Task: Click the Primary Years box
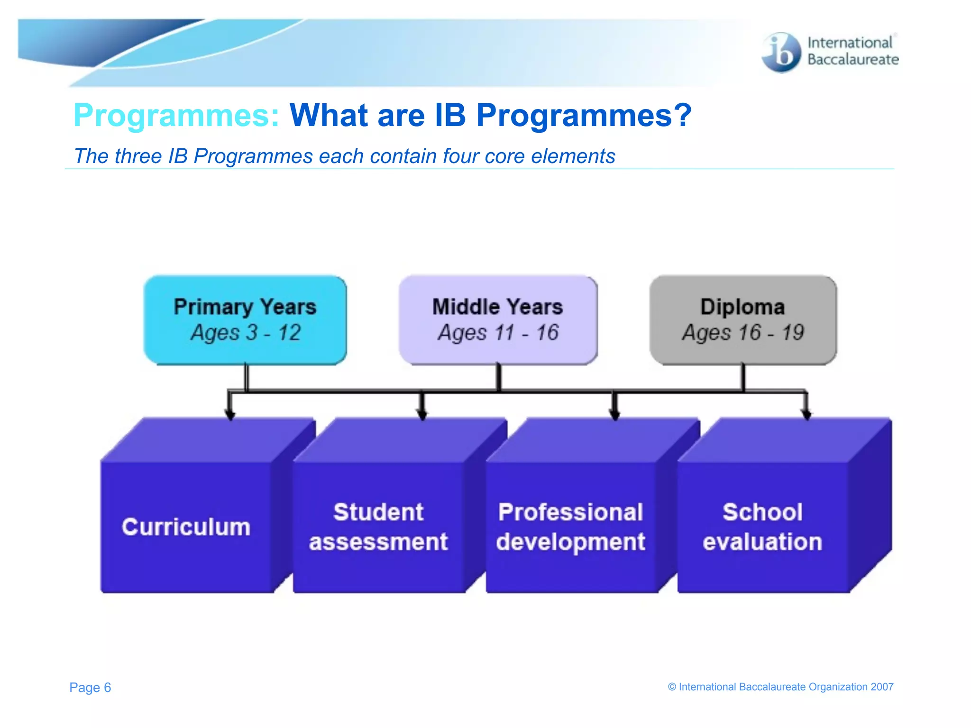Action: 245,320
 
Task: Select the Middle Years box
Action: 498,320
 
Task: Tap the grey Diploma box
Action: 743,320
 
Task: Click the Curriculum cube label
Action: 186,527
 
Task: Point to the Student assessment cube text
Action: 378,527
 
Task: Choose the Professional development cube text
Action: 571,527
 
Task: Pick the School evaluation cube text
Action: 762,527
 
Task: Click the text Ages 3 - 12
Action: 246,333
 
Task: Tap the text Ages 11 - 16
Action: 498,333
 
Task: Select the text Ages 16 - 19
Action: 743,333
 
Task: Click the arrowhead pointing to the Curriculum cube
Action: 230,415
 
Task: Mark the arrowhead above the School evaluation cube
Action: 806,415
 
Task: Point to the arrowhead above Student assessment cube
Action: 422,415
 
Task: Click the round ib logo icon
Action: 781,53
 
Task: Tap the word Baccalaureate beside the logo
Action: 853,60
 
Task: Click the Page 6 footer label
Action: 90,687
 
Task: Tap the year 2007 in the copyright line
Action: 882,687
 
